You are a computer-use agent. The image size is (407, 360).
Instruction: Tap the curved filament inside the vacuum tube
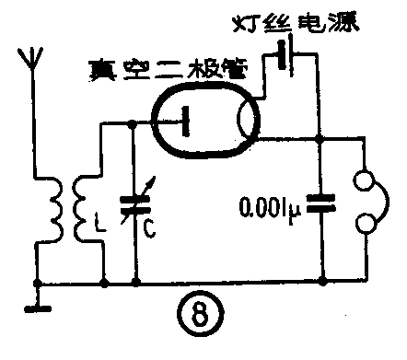(245, 121)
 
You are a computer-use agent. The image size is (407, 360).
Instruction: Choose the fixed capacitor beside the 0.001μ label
(318, 204)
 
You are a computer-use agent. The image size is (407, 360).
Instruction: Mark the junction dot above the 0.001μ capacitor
(318, 140)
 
